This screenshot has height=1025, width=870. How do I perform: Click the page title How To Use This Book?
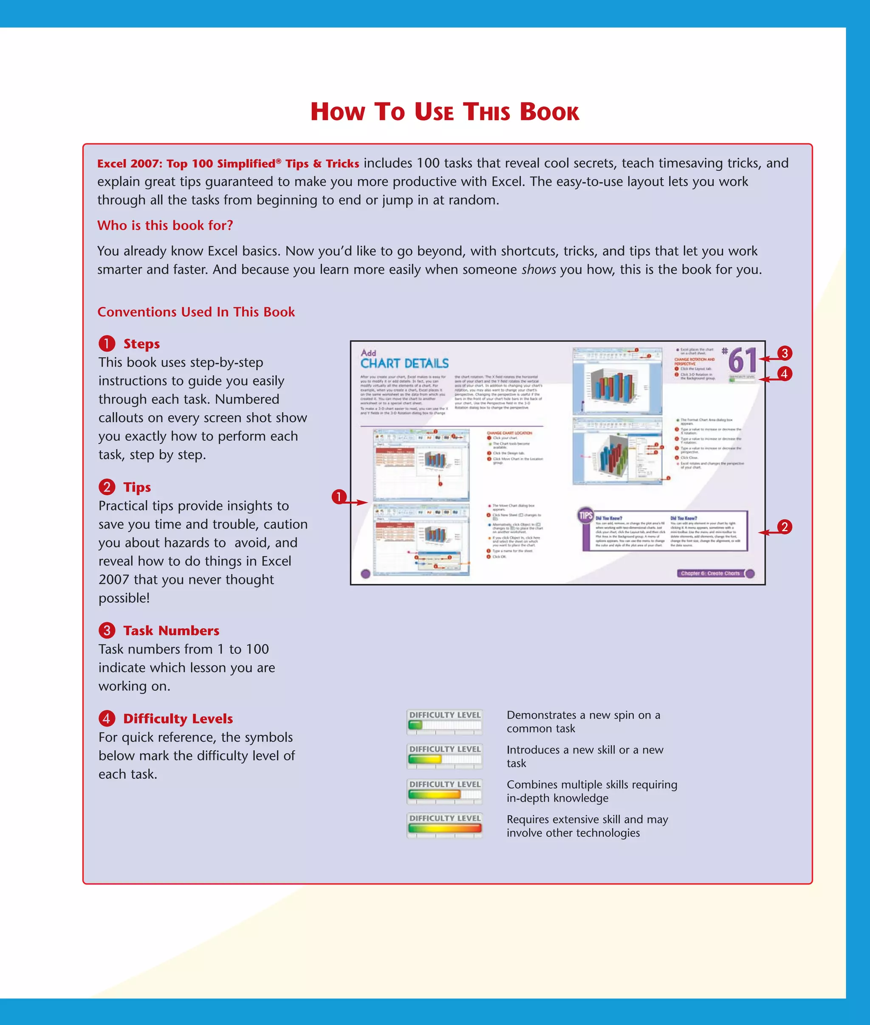[x=444, y=112]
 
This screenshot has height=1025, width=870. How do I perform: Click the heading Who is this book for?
[x=165, y=225]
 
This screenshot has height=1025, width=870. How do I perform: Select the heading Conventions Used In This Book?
[x=196, y=312]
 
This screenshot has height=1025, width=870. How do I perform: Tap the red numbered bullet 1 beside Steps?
[x=107, y=344]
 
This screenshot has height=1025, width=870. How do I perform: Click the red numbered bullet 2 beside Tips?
[x=107, y=487]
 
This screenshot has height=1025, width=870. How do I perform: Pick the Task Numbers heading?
[x=171, y=631]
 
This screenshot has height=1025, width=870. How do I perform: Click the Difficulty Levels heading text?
[x=178, y=718]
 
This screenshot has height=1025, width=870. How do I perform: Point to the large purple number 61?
[x=742, y=360]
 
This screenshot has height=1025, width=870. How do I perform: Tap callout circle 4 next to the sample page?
[x=784, y=374]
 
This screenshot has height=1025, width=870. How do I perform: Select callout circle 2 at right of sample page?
[x=784, y=527]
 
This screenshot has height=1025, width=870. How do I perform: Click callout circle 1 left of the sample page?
[x=339, y=496]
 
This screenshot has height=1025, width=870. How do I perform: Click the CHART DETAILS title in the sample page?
[x=404, y=363]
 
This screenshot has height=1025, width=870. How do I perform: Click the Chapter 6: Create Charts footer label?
[x=710, y=573]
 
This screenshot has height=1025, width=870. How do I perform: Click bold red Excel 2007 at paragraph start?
[x=131, y=163]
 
